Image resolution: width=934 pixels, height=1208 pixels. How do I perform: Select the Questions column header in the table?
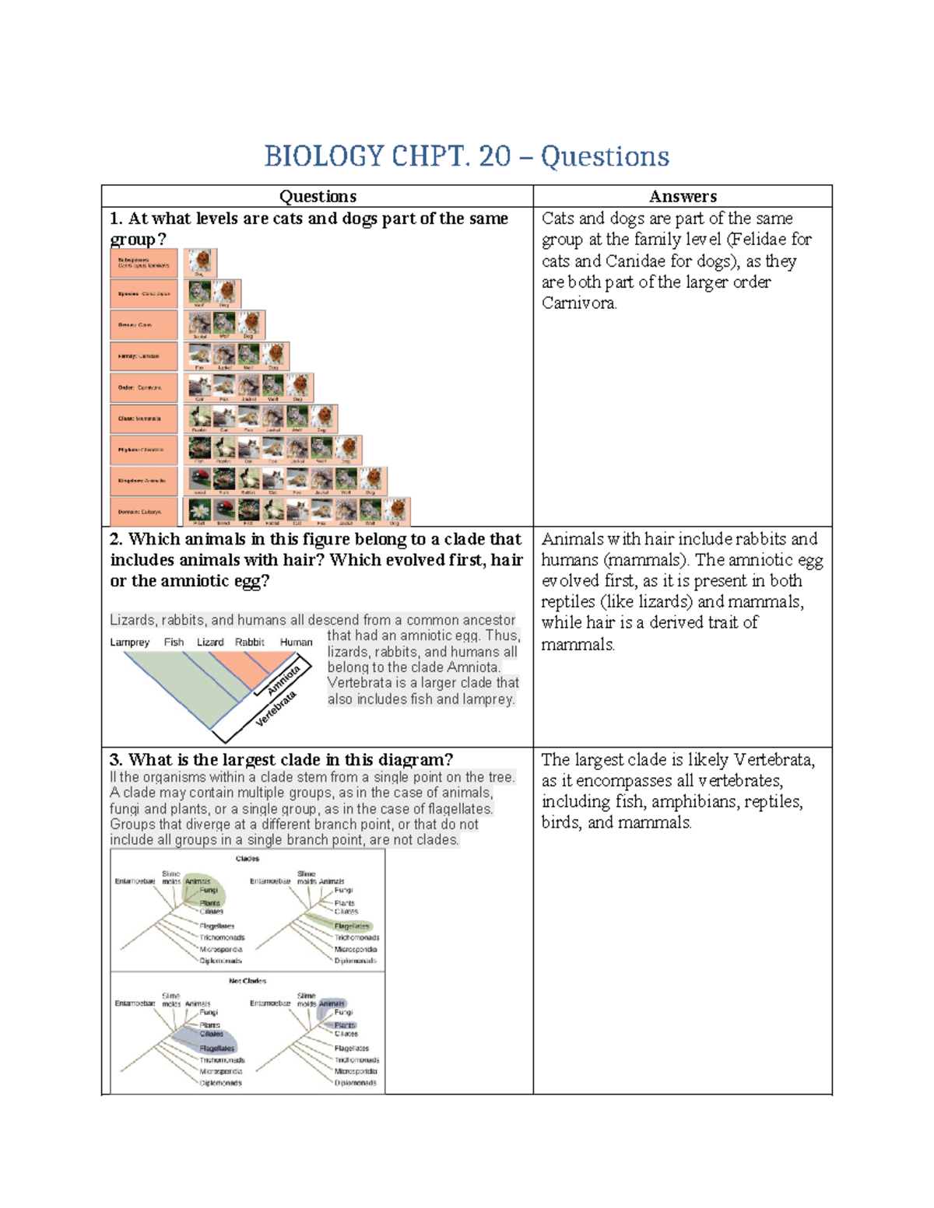click(x=318, y=197)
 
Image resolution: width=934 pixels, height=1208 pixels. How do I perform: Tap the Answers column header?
click(x=683, y=197)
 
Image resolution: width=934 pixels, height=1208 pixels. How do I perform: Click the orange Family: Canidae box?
click(x=144, y=356)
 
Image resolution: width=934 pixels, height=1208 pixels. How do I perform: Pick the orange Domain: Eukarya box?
click(x=144, y=512)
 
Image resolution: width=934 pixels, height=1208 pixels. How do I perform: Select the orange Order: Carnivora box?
click(x=144, y=387)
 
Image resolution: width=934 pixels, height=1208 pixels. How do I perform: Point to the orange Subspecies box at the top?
click(x=144, y=263)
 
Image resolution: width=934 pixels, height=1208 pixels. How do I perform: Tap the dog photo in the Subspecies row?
click(x=202, y=261)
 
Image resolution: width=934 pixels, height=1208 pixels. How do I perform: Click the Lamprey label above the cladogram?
click(x=129, y=643)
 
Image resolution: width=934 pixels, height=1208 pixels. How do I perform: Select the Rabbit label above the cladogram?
click(x=249, y=643)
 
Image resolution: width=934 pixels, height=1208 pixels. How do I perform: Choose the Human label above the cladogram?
click(x=296, y=643)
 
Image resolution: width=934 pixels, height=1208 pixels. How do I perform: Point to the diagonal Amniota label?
click(x=283, y=681)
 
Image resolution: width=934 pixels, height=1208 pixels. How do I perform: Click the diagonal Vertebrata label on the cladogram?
click(x=276, y=709)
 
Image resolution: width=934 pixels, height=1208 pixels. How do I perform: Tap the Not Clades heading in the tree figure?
click(x=248, y=981)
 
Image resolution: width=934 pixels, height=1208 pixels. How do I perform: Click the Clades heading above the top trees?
click(x=248, y=859)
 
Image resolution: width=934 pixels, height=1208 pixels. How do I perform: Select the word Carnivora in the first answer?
click(x=578, y=303)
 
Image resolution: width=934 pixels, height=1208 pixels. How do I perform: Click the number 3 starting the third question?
click(x=115, y=760)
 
